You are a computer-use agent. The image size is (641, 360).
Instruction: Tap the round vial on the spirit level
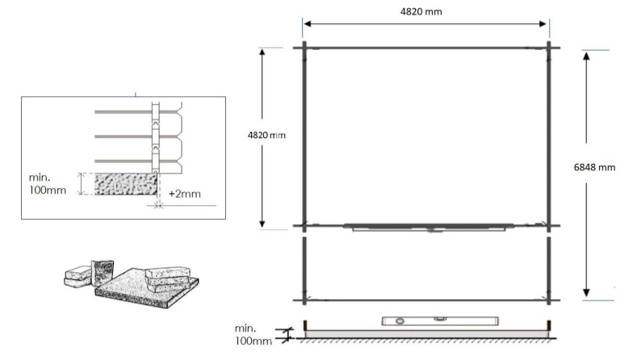coord(397,320)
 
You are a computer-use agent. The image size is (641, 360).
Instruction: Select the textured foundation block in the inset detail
coord(126,184)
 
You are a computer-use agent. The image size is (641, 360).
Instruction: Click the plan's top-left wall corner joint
coord(304,46)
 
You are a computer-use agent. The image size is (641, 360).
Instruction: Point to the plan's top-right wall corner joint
coord(549,46)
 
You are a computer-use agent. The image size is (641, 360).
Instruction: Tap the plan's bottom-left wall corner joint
coord(304,301)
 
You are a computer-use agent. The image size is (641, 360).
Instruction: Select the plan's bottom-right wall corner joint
coord(549,301)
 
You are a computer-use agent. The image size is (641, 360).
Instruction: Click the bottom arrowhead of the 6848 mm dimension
coord(586,293)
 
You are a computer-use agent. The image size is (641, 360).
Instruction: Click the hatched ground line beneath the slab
coord(428,339)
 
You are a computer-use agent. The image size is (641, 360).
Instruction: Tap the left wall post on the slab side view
coord(306,325)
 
